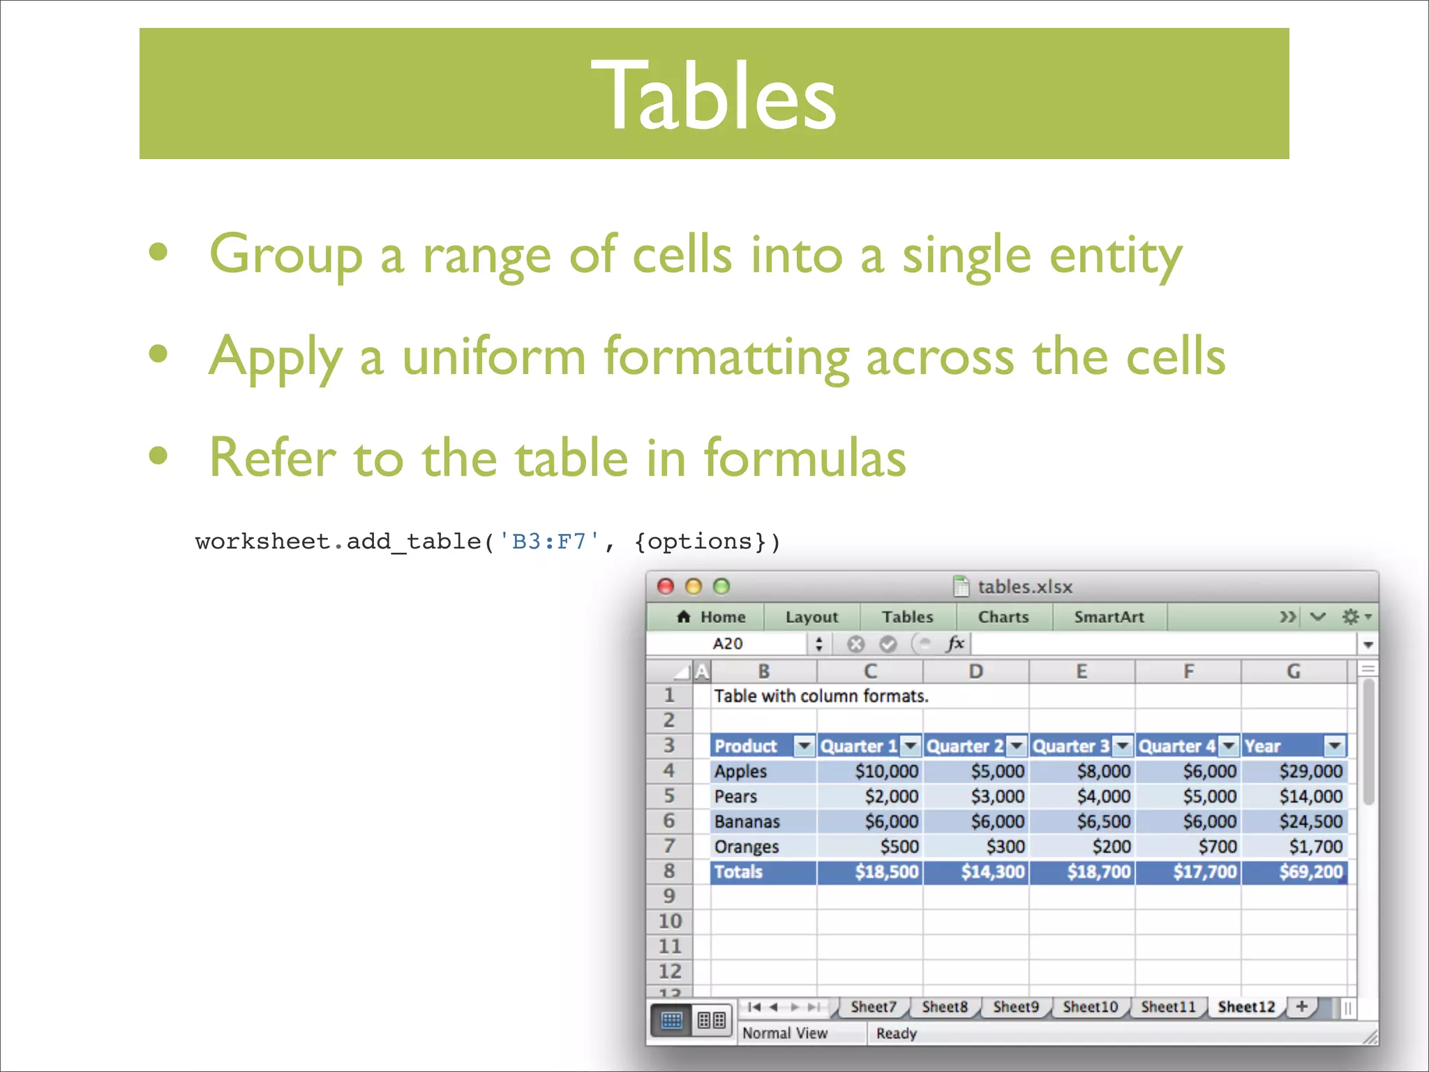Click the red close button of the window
(x=666, y=586)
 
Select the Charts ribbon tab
(x=1003, y=617)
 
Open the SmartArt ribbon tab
(x=1109, y=617)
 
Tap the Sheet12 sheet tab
(x=1245, y=1006)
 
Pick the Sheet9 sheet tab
(x=1015, y=1006)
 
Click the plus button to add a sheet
(x=1301, y=1006)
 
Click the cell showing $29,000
(x=1310, y=771)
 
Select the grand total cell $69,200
(x=1310, y=872)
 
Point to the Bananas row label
(x=747, y=821)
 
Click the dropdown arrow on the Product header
(x=805, y=746)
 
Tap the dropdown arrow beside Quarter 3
(x=1122, y=746)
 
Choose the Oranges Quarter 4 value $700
(x=1217, y=847)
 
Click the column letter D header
(x=975, y=671)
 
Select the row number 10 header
(x=670, y=921)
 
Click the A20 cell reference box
(x=728, y=643)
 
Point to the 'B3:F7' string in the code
(x=548, y=542)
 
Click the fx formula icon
(x=955, y=643)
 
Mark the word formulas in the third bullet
(x=805, y=458)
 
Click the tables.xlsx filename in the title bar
(x=1024, y=587)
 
